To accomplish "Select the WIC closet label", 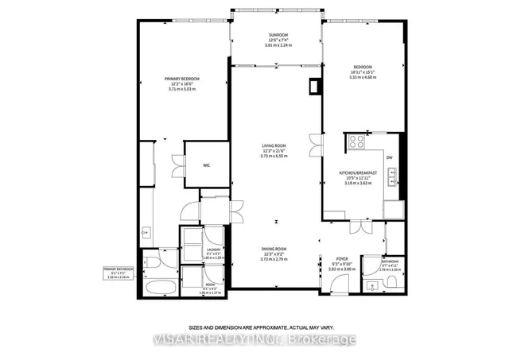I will coord(205,165).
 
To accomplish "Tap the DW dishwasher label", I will coord(390,158).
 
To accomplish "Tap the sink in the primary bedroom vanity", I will coord(146,233).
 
